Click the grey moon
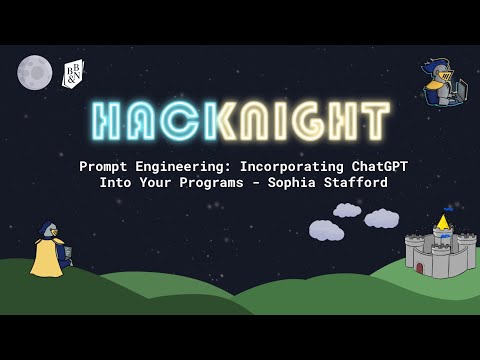point(34,71)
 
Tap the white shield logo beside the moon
point(72,74)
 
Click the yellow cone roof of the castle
point(442,221)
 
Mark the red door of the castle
point(441,266)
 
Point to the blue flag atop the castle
point(448,209)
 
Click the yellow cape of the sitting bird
point(45,259)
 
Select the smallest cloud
point(347,210)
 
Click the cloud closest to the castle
point(382,218)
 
